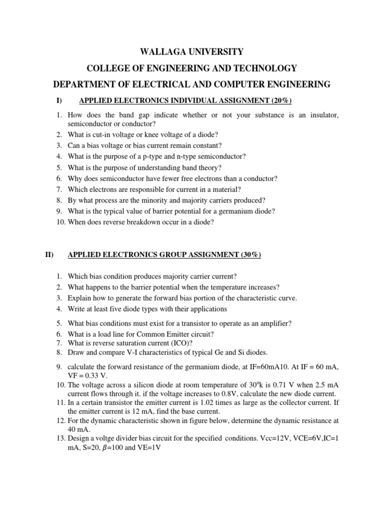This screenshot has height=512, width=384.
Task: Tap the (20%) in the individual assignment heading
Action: pyautogui.click(x=279, y=101)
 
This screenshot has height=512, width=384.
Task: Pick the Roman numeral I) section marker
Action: pyautogui.click(x=59, y=101)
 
